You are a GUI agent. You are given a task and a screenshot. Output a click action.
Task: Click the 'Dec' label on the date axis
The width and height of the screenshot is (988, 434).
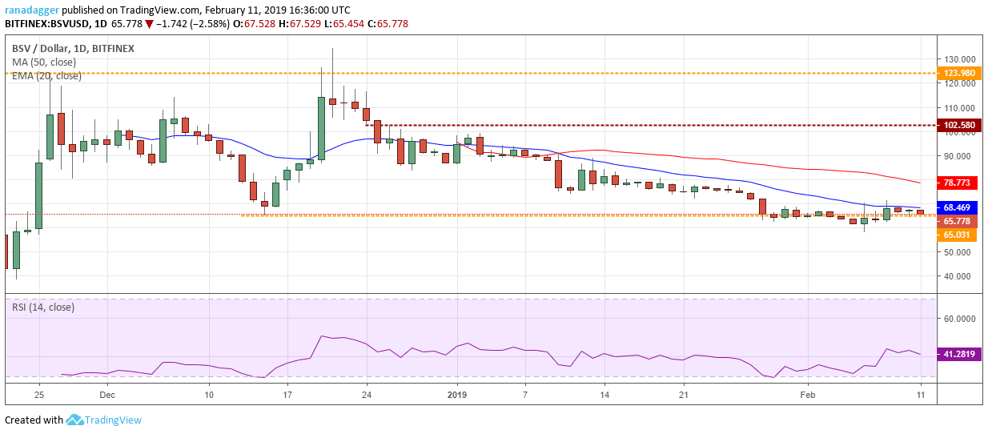click(x=107, y=395)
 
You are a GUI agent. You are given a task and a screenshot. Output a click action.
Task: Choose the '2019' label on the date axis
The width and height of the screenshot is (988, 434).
click(x=456, y=395)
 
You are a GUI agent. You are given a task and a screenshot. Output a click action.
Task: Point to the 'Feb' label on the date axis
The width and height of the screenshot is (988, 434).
click(x=807, y=395)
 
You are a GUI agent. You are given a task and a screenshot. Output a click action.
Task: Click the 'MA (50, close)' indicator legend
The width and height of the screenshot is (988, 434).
click(x=46, y=62)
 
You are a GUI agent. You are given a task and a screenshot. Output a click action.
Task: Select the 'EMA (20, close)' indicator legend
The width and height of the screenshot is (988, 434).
click(x=46, y=76)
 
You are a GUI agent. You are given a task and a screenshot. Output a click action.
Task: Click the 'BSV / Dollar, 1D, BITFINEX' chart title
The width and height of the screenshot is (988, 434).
click(x=73, y=48)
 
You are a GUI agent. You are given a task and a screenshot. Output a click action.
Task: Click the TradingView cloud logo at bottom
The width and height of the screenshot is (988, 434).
click(x=75, y=420)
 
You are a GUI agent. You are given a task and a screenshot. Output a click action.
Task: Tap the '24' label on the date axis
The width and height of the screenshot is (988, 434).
click(x=366, y=395)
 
